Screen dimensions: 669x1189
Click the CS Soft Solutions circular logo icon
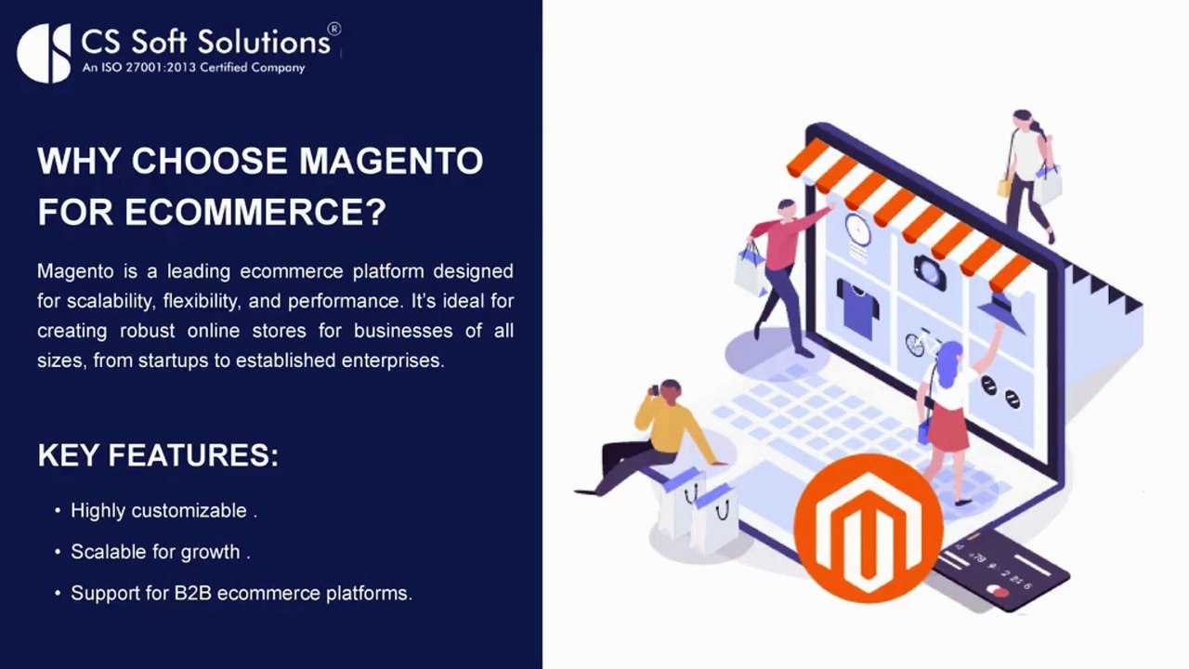pos(44,53)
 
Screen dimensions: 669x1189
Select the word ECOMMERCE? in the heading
pos(255,212)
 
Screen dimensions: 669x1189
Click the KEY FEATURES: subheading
pos(158,455)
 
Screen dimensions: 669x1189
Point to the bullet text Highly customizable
pos(160,511)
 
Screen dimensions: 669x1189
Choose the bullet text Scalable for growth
pos(157,552)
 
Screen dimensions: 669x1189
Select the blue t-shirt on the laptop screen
pos(858,306)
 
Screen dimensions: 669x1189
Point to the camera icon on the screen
pos(929,270)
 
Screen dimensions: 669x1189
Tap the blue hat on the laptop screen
pos(1001,312)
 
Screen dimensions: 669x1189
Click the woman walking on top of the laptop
pos(1028,172)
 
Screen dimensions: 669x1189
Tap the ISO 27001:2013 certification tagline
pos(193,67)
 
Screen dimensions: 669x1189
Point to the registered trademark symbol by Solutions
pos(334,30)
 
